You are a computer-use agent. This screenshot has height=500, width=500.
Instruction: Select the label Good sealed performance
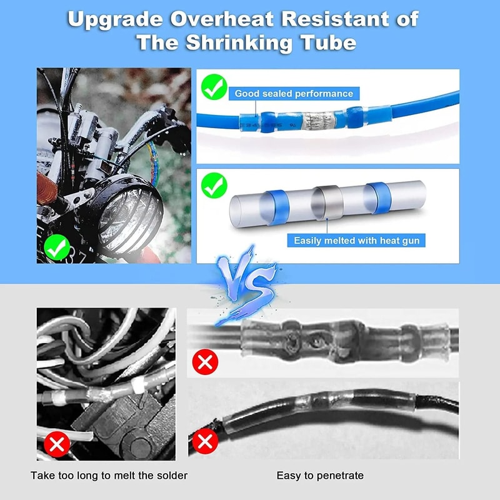click(x=294, y=94)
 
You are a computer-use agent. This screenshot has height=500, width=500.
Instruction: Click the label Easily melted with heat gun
click(x=356, y=241)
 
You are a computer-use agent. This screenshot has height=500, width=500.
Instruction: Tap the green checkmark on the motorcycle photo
click(x=58, y=247)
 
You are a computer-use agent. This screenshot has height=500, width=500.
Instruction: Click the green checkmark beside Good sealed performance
click(x=214, y=87)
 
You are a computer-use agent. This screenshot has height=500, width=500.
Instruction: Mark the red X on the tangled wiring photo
click(x=58, y=444)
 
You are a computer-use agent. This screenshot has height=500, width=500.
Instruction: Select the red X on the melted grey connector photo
click(x=205, y=362)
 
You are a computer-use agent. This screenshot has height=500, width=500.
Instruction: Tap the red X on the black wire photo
click(x=204, y=441)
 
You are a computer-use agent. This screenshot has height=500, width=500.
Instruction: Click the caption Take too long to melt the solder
click(x=109, y=476)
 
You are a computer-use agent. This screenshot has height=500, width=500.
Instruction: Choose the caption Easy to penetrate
click(x=320, y=476)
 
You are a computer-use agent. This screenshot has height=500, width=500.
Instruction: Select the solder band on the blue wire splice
click(x=311, y=119)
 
